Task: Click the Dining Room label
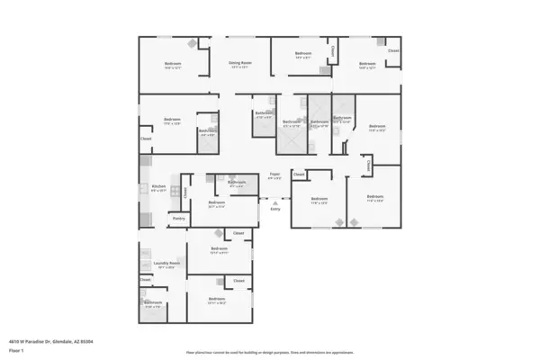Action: [x=240, y=63]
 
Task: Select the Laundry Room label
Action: [x=166, y=263]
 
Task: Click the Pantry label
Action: [x=179, y=218]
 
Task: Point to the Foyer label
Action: [x=274, y=174]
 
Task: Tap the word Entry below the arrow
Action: [x=274, y=211]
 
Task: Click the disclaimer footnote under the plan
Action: [x=270, y=352]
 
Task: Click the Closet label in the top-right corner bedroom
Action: [x=393, y=50]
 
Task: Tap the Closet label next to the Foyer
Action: [x=299, y=174]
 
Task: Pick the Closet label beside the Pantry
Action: [x=185, y=192]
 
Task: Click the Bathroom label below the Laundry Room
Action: [x=153, y=302]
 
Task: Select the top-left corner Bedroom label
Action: [x=173, y=63]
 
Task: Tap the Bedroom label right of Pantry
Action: [x=216, y=202]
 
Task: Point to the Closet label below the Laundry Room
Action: [x=145, y=280]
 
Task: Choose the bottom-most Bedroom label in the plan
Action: [x=216, y=299]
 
